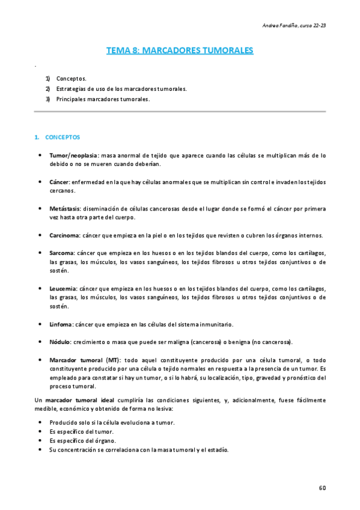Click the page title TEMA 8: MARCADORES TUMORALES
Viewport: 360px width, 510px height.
pyautogui.click(x=180, y=51)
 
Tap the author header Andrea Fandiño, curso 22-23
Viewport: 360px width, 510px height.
pyautogui.click(x=294, y=25)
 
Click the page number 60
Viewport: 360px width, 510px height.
pyautogui.click(x=322, y=487)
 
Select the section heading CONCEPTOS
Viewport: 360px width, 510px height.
pyautogui.click(x=63, y=137)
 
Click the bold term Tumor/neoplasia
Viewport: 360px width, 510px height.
pyautogui.click(x=74, y=155)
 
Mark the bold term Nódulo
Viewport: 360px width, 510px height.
pyautogui.click(x=60, y=342)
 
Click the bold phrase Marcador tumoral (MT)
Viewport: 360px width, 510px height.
pyautogui.click(x=85, y=360)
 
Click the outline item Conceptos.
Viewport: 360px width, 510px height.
pyautogui.click(x=72, y=78)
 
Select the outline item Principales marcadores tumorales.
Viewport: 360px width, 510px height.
pyautogui.click(x=103, y=99)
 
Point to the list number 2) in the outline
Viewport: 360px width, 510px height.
pyautogui.click(x=47, y=88)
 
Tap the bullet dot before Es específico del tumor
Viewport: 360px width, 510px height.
pyautogui.click(x=40, y=432)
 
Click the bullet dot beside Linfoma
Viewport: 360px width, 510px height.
pyautogui.click(x=40, y=324)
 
